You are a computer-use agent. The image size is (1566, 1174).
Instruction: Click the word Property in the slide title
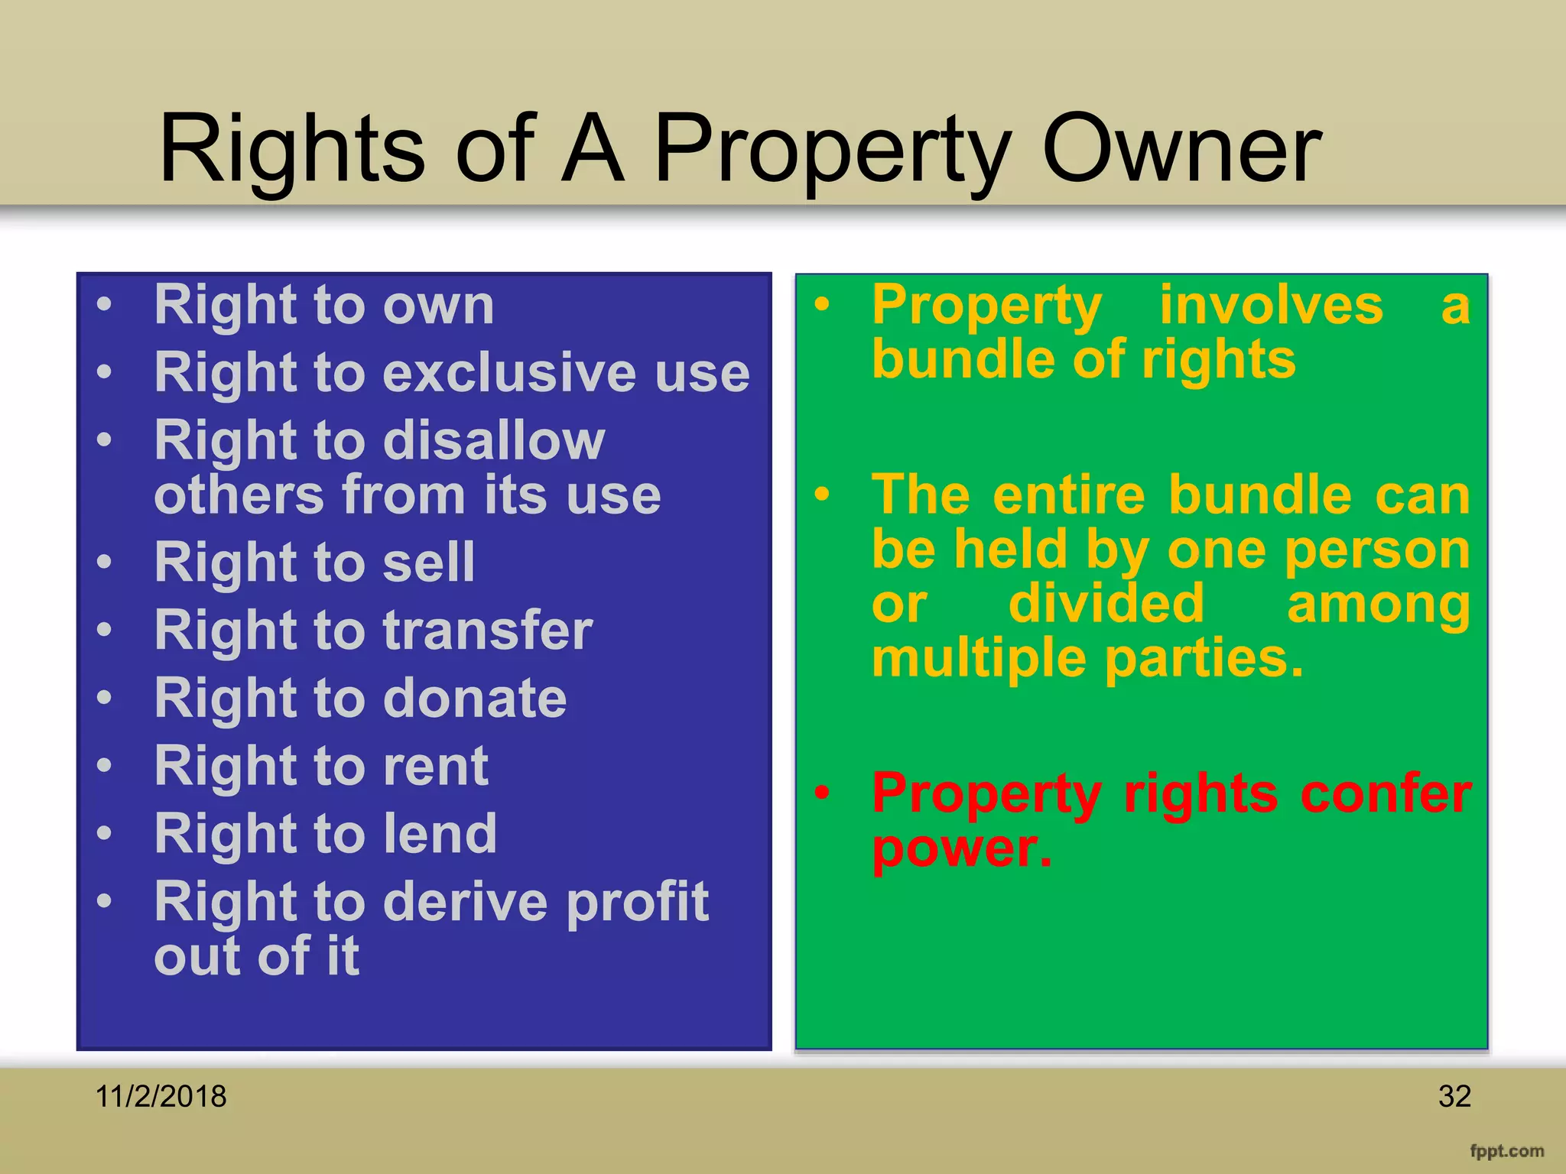click(x=833, y=151)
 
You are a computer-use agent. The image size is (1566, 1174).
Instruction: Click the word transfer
click(x=488, y=631)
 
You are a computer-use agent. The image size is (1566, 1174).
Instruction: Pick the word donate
click(x=475, y=698)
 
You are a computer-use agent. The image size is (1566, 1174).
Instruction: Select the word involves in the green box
click(x=1271, y=305)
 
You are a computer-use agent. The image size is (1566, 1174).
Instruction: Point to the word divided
click(x=1106, y=604)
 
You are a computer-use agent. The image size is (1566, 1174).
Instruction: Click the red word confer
click(x=1386, y=793)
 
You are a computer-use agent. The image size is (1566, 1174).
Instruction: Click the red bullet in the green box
click(x=822, y=793)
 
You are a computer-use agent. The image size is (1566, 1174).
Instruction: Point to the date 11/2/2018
click(x=161, y=1097)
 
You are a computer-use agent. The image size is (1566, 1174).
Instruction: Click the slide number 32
click(x=1454, y=1097)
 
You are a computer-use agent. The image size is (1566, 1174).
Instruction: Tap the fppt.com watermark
click(x=1506, y=1151)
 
